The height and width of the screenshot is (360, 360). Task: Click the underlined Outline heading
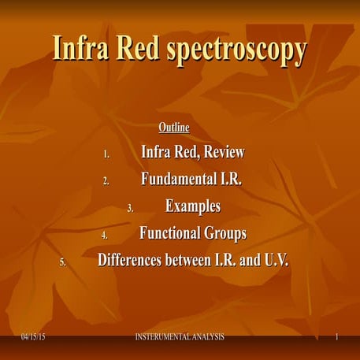point(174,127)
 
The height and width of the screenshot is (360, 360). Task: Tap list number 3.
point(131,209)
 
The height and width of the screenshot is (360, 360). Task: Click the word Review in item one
point(221,152)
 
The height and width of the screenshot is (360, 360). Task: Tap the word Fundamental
point(176,179)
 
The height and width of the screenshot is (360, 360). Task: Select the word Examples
point(192,206)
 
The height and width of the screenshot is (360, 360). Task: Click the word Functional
point(168,233)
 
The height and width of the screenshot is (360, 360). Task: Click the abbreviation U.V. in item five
point(273,260)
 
